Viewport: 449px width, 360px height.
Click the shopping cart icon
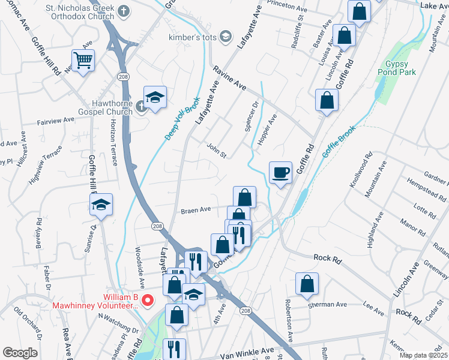pos(83,59)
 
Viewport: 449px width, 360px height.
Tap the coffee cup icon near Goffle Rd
pos(280,173)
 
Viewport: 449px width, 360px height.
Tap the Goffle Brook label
pos(339,141)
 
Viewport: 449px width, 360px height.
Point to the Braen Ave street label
pos(196,210)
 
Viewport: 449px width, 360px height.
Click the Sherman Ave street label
pos(328,305)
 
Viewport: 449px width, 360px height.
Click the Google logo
pos(20,353)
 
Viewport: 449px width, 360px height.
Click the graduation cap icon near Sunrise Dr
pos(101,205)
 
